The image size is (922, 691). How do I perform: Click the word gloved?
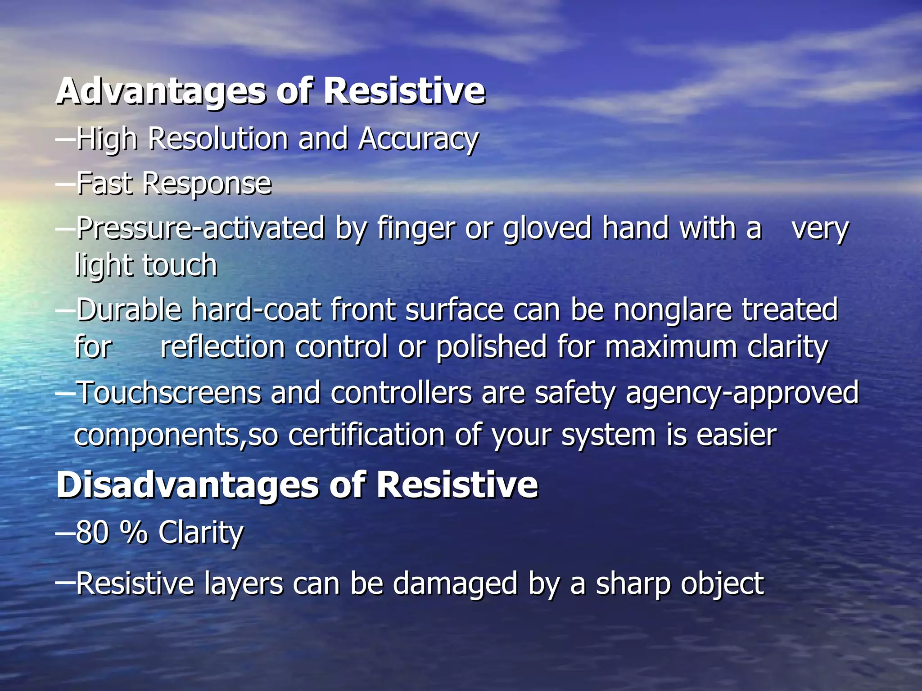click(x=547, y=229)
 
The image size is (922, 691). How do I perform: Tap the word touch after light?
click(x=180, y=265)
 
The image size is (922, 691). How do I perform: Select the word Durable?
click(x=129, y=310)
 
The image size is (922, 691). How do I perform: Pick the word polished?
click(x=491, y=347)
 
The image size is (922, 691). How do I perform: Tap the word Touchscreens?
click(x=169, y=393)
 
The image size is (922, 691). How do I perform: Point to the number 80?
click(x=92, y=533)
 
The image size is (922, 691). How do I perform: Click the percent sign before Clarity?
click(x=134, y=533)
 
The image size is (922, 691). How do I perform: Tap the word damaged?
click(x=455, y=584)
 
